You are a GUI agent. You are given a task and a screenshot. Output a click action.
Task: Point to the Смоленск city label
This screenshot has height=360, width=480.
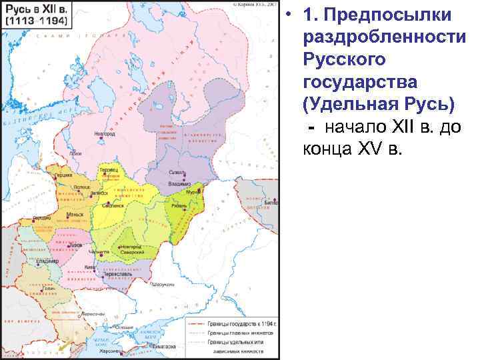[x=113, y=206]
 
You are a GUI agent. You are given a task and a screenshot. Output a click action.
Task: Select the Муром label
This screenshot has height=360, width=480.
[x=193, y=192]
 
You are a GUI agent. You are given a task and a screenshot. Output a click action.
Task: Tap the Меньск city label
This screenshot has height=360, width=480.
[x=75, y=215]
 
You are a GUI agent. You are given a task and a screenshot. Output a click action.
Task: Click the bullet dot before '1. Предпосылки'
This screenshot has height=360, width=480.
[x=291, y=15]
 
